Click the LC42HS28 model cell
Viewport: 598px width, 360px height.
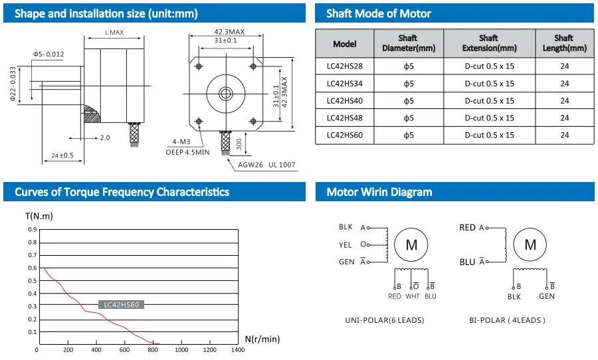click(344, 66)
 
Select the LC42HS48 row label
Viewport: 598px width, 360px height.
click(344, 118)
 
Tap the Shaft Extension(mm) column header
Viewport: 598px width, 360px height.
click(488, 43)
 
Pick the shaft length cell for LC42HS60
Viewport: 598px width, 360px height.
click(564, 135)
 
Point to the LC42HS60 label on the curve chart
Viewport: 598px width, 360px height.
click(121, 305)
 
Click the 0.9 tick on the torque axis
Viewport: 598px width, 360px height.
click(33, 230)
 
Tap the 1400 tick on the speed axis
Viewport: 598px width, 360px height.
click(237, 350)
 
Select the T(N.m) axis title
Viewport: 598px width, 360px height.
click(39, 216)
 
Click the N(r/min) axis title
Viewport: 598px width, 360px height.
click(262, 339)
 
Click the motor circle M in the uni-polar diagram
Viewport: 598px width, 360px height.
click(411, 245)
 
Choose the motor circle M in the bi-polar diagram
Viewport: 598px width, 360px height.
click(530, 245)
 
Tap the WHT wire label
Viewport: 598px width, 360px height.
click(413, 296)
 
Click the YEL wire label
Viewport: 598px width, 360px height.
click(346, 244)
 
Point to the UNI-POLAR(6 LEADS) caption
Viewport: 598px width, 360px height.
click(384, 320)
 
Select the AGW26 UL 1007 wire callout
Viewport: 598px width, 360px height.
click(262, 165)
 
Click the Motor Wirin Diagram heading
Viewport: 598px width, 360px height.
click(379, 192)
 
